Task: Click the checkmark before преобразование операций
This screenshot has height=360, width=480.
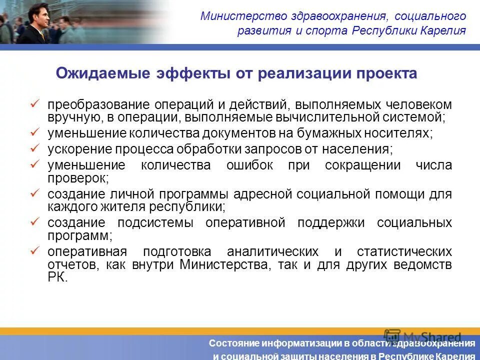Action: tap(34, 103)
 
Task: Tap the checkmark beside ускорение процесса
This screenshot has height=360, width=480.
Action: tap(34, 147)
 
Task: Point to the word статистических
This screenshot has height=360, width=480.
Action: tap(404, 251)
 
